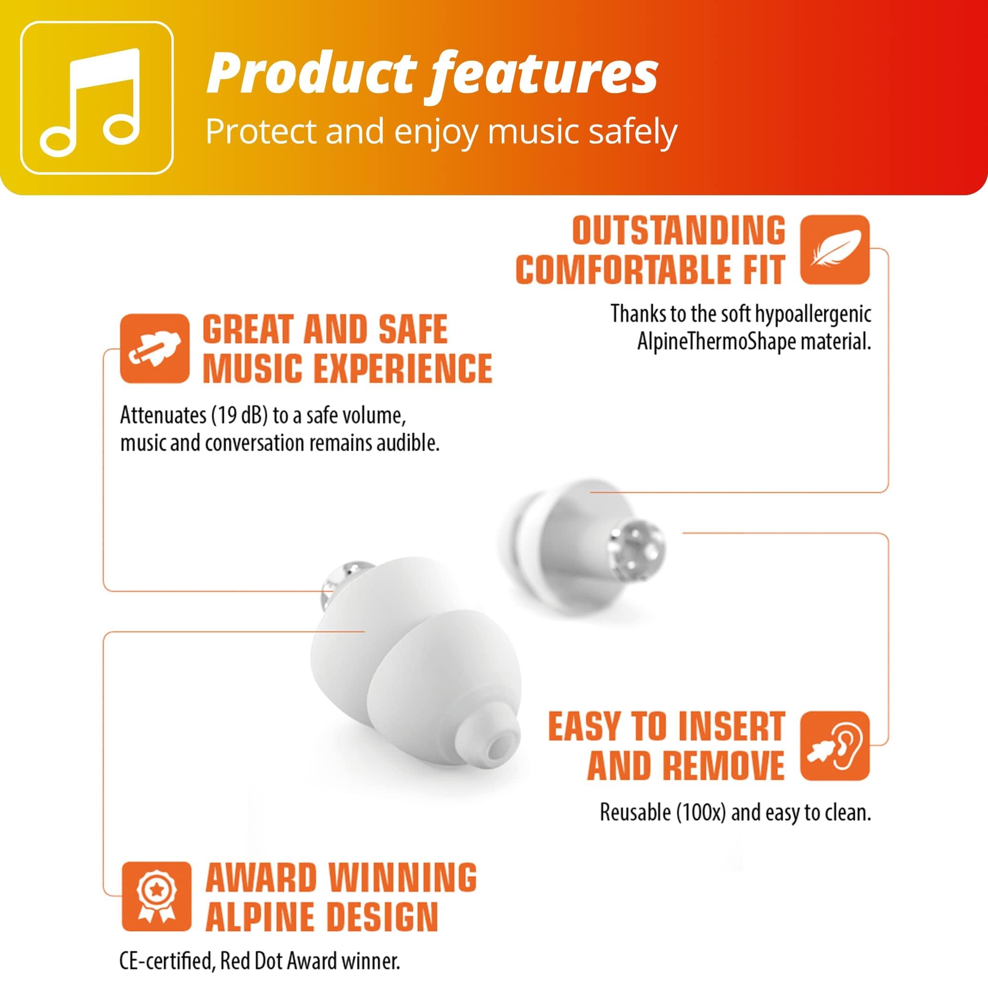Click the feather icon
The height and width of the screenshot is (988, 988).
(835, 250)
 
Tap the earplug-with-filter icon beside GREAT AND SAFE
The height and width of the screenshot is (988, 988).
(155, 348)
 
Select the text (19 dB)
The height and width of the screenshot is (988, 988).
(237, 416)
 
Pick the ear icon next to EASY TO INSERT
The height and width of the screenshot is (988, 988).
(835, 746)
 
